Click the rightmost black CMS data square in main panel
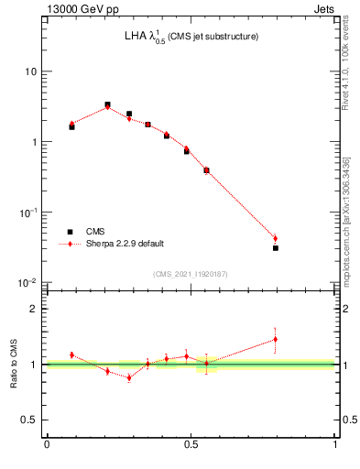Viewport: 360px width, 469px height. [x=275, y=247]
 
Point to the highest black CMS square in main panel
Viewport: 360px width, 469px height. [x=107, y=105]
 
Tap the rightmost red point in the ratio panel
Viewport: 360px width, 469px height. [x=275, y=339]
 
